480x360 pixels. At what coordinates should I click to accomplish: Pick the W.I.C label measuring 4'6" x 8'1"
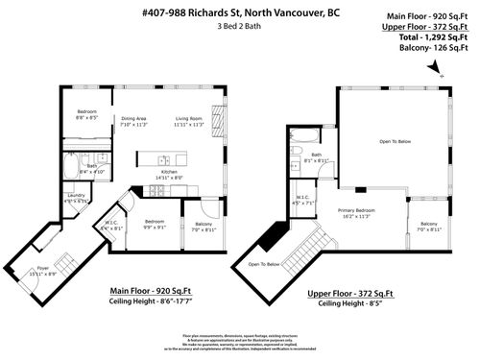click(111, 227)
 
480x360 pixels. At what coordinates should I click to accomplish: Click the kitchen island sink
click(164, 159)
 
